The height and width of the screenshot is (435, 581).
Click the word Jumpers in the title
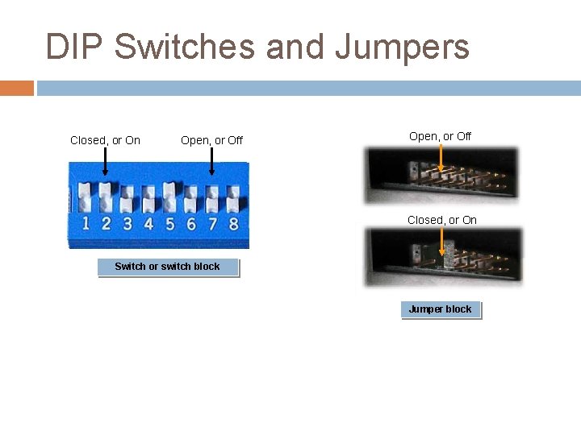point(402,47)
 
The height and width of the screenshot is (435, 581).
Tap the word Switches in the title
point(185,47)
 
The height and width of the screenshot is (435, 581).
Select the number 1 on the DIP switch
point(85,222)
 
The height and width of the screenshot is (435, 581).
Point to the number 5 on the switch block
point(169,222)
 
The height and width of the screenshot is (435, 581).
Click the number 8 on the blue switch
point(233,222)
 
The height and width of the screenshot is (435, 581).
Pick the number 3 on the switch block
point(127,222)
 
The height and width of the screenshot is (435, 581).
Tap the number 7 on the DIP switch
point(212,222)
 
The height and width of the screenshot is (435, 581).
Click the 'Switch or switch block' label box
point(168,267)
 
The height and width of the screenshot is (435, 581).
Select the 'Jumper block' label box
point(441,309)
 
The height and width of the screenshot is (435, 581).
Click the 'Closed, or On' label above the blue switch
point(105,140)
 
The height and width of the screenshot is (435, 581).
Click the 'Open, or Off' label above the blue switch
point(211,140)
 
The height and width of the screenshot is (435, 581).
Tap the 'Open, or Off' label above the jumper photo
point(440,136)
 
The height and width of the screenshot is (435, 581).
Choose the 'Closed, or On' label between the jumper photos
point(441,220)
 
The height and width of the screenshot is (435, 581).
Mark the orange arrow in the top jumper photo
point(440,160)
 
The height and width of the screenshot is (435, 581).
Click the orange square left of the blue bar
point(16,88)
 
